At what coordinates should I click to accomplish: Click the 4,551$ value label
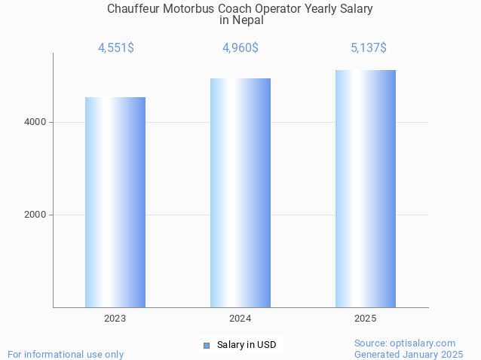point(116,48)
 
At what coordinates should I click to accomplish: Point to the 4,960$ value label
point(240,48)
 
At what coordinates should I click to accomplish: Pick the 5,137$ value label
point(369,48)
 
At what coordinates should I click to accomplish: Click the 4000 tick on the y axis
point(36,122)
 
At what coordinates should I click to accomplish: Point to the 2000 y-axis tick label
point(36,215)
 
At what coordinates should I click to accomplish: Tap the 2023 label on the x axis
point(115,319)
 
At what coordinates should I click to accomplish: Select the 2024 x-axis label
point(240,319)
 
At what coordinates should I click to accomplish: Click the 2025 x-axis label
point(366,319)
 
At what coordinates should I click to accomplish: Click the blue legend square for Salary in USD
point(206,346)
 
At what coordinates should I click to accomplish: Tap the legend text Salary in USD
point(247,346)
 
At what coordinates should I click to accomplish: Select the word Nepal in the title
point(248,20)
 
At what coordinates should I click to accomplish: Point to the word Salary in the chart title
point(355,9)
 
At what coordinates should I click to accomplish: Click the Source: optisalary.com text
point(405,343)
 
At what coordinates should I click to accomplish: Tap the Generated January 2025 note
point(409,354)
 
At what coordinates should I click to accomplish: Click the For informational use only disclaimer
point(66,354)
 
